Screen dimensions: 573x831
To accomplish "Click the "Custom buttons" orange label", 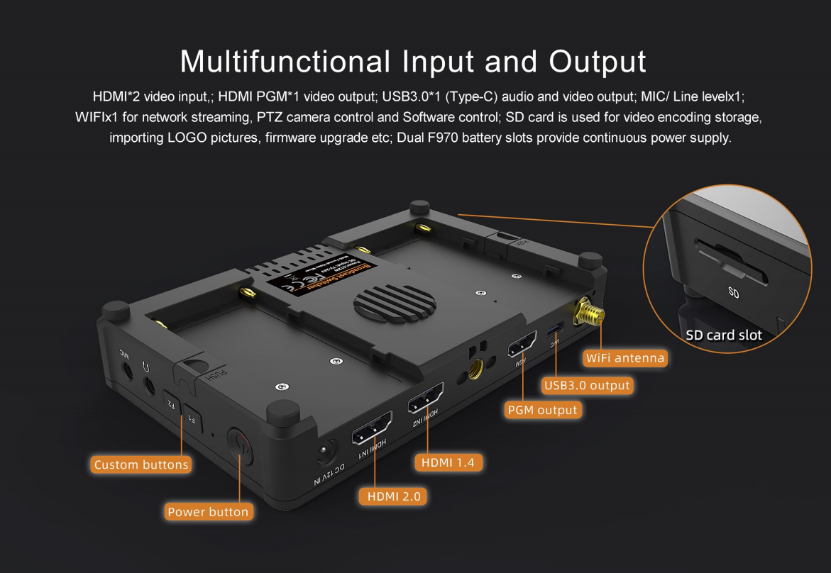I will click(x=141, y=465).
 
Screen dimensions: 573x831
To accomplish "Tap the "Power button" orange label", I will click(x=208, y=511).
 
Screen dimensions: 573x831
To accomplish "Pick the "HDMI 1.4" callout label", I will click(x=448, y=462).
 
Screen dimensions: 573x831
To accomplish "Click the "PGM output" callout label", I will click(x=543, y=410).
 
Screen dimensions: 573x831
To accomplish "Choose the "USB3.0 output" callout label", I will click(x=587, y=385).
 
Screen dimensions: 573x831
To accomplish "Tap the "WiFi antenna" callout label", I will click(x=624, y=358).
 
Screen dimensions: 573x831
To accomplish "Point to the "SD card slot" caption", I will click(x=724, y=335).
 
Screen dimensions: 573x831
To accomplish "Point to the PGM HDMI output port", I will click(x=522, y=345).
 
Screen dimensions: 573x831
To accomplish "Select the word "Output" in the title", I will click(x=598, y=61).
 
